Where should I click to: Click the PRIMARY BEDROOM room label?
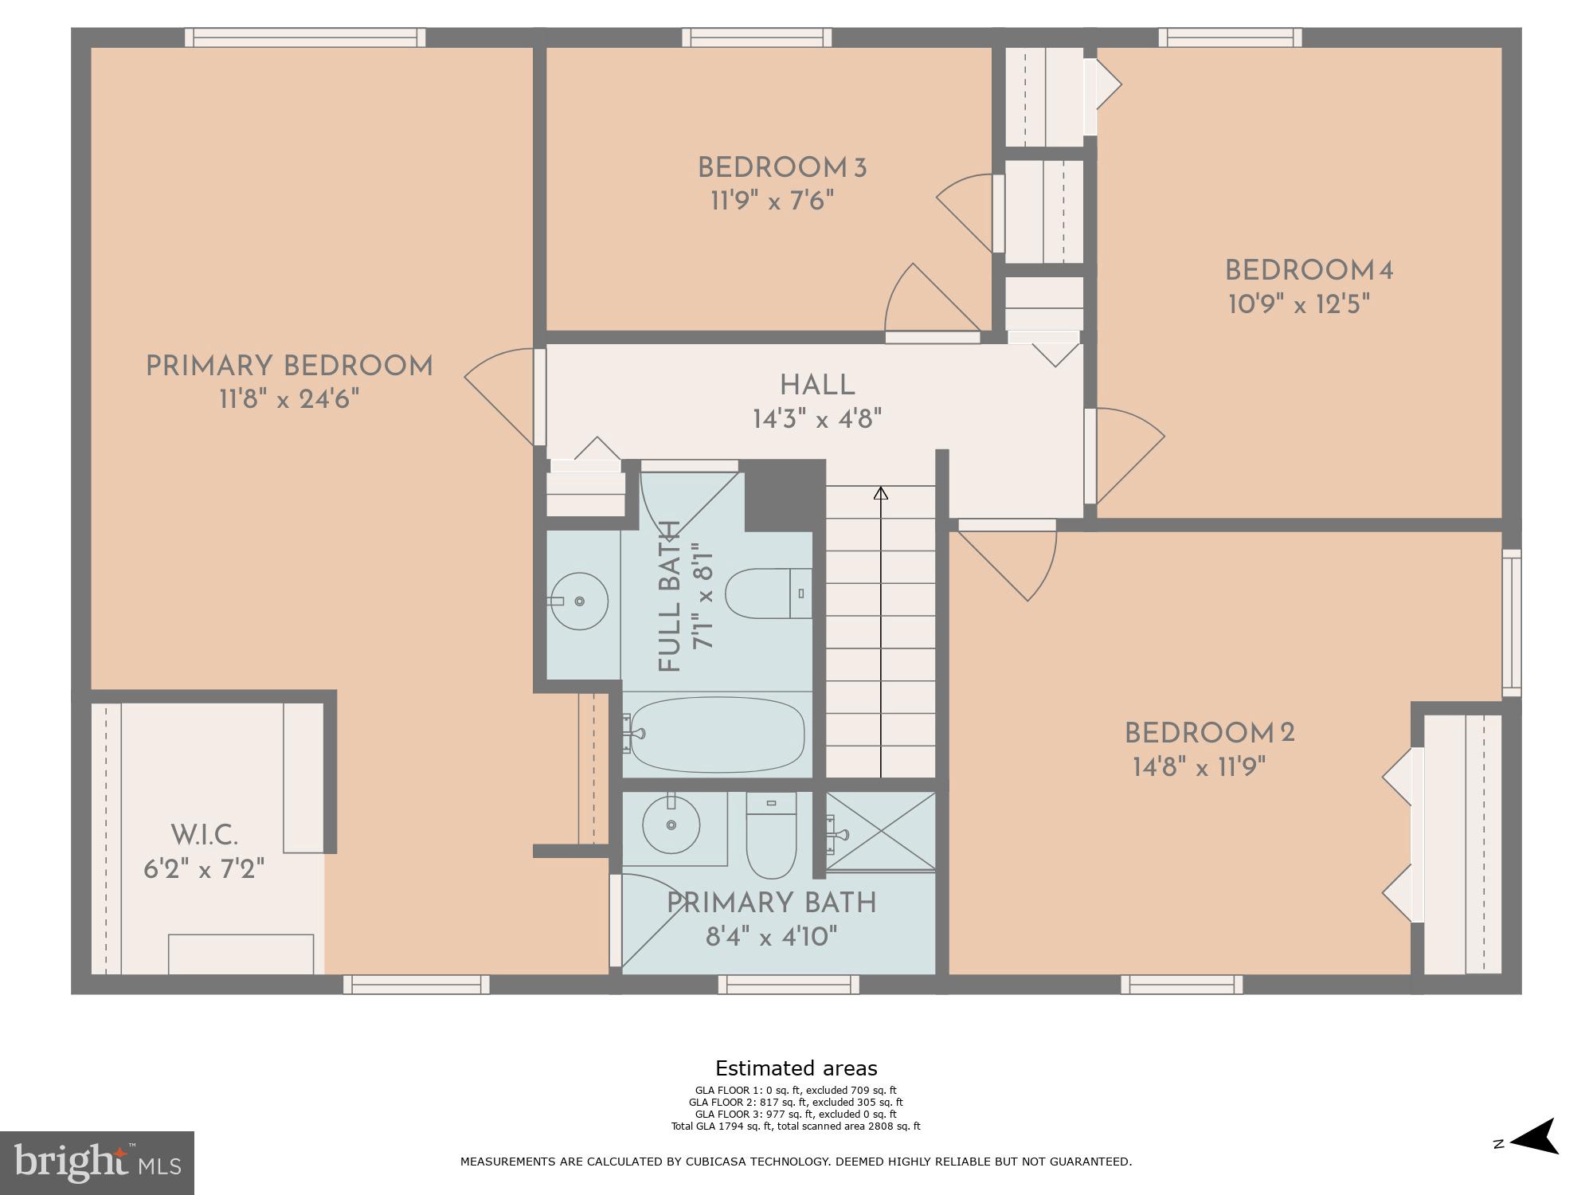(289, 366)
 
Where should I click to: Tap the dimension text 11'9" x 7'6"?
(772, 201)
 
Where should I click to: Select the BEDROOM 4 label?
(1308, 271)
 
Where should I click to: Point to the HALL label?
(817, 386)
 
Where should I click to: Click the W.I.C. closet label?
(204, 836)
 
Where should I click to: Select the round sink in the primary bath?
(671, 825)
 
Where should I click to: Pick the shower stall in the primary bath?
(881, 831)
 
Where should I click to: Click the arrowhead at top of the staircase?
(880, 493)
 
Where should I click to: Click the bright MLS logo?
(96, 1162)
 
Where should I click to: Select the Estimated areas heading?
(796, 1068)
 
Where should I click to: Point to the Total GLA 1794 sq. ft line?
(796, 1126)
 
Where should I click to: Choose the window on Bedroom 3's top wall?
(757, 37)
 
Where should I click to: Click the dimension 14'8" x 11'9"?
(1199, 767)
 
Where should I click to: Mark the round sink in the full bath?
(579, 601)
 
